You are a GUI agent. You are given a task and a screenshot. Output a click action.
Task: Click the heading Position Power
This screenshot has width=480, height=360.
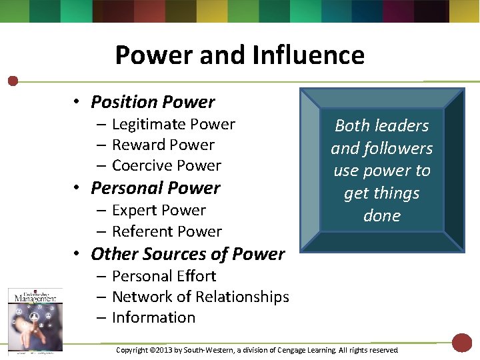153,102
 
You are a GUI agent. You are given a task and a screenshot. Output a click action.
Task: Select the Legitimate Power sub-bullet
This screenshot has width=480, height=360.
173,125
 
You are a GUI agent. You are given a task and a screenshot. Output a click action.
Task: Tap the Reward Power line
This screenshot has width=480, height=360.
163,145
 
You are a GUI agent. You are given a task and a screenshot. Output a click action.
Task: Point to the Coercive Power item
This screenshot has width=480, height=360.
166,166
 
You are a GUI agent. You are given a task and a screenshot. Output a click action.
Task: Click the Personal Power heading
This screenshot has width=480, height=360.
155,188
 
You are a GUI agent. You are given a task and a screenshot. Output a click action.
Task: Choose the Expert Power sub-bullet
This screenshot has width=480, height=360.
159,211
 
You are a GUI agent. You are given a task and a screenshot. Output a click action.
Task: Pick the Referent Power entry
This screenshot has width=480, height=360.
167,232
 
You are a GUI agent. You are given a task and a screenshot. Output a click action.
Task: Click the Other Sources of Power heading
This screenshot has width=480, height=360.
187,254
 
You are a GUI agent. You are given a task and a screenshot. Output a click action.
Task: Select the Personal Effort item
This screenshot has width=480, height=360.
164,276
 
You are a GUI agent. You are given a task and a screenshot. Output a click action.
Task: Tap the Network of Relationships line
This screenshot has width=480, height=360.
200,297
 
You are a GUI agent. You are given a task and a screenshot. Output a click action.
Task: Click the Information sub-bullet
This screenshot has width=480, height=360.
153,318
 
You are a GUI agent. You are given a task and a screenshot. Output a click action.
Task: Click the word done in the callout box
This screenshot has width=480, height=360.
382,216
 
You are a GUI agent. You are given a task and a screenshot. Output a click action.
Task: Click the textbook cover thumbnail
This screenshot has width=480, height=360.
35,319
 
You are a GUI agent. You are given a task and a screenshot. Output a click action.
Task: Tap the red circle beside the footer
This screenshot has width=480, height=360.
462,343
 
